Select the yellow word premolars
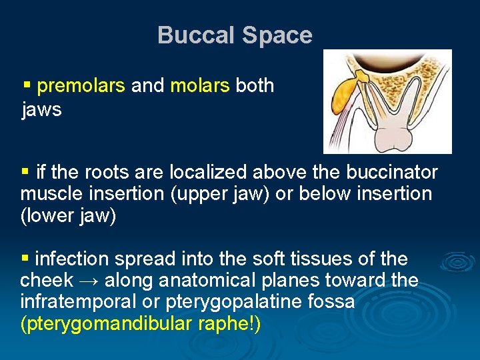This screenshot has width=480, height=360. (x=81, y=85)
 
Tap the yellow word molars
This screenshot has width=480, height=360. (x=200, y=85)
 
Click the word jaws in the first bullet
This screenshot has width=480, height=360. (x=41, y=109)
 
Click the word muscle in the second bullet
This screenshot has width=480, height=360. (x=51, y=195)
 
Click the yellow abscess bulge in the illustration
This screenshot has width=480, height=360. (x=345, y=93)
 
